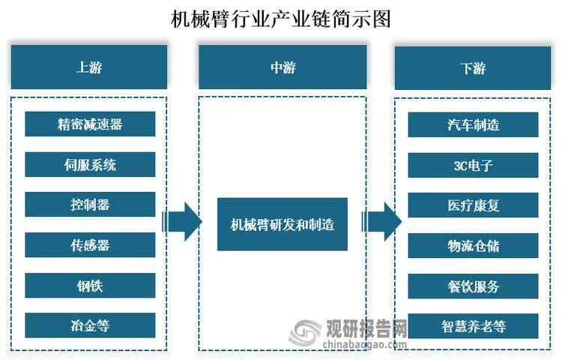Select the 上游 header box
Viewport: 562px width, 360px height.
(x=89, y=67)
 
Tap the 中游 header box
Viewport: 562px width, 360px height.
(x=282, y=67)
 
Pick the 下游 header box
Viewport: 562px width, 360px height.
(x=473, y=68)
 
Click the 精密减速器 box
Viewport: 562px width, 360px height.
(x=90, y=124)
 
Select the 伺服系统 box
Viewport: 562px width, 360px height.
(x=90, y=164)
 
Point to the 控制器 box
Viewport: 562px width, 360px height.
(x=90, y=205)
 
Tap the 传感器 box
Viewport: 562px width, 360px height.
(x=90, y=245)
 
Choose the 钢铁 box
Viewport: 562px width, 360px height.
(x=90, y=286)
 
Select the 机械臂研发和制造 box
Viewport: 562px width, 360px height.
(x=282, y=223)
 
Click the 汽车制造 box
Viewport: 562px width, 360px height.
(x=473, y=124)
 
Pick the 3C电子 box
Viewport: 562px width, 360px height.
(x=473, y=164)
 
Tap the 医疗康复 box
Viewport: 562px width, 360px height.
(x=473, y=205)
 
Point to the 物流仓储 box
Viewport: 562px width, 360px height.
(x=473, y=245)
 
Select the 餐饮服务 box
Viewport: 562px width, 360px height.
(x=473, y=286)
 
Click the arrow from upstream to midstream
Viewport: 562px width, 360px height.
(x=182, y=222)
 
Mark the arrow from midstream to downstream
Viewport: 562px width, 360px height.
(x=382, y=222)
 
